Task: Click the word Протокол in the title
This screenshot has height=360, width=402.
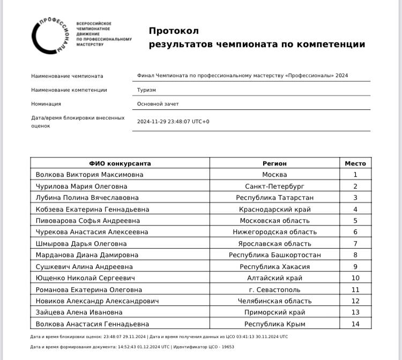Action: coord(174,31)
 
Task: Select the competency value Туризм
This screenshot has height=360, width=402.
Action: coord(146,90)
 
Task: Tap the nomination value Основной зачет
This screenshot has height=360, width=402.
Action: coord(158,104)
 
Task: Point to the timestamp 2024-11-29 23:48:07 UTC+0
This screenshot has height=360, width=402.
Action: coord(173,122)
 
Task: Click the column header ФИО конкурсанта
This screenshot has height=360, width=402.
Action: coord(120,163)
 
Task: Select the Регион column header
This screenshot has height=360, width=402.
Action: coord(274,163)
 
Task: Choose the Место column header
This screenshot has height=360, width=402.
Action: coord(355,163)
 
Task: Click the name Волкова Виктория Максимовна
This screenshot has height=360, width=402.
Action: coord(90,175)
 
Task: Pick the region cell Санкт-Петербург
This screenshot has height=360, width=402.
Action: coord(274,186)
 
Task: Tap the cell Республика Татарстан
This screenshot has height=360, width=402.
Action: coord(274,198)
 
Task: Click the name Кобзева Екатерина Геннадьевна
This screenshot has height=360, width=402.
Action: coord(92,209)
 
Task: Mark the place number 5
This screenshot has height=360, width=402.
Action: coord(355,221)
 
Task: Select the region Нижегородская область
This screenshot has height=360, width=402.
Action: coord(274,232)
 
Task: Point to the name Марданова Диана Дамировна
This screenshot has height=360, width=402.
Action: coord(87,255)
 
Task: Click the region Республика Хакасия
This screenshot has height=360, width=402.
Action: coord(274,267)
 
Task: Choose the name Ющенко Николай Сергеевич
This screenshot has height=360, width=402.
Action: coord(85,278)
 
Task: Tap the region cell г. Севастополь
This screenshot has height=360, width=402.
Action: coord(274,290)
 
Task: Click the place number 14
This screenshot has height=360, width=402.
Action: coord(355,324)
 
